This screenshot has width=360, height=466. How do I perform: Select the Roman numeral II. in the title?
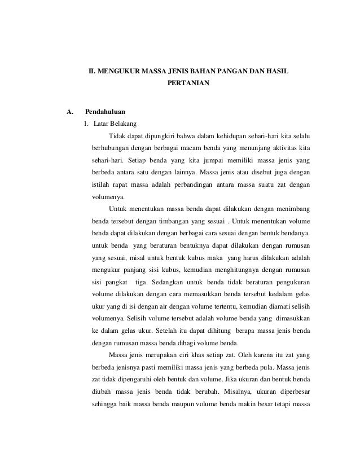coord(89,72)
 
